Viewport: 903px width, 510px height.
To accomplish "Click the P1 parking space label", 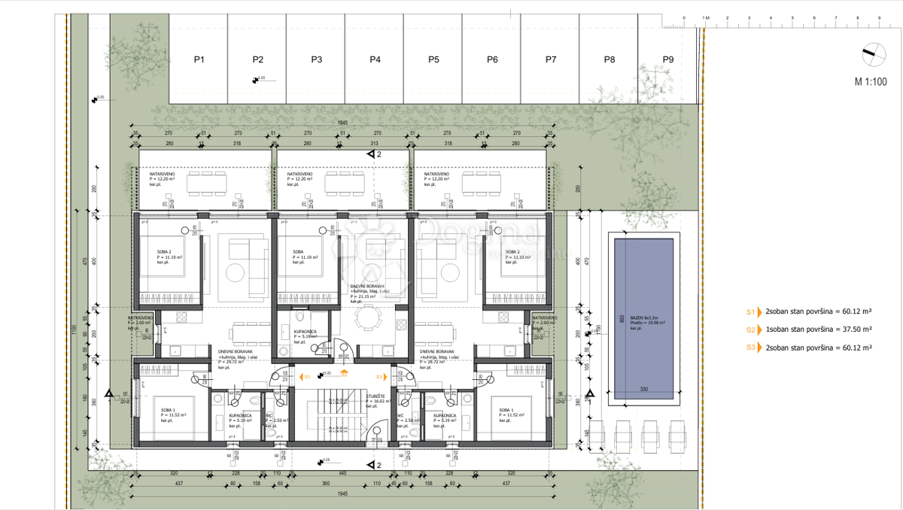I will point(199,59).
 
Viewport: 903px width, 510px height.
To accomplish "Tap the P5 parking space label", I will point(433,59).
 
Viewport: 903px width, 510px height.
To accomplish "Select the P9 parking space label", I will point(667,59).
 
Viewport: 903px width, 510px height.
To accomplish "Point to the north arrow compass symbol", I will point(872,53).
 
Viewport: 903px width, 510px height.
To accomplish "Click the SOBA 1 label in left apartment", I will point(168,411).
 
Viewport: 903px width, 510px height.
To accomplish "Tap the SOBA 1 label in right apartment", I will point(507,411).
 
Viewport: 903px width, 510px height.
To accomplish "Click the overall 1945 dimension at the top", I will point(342,123).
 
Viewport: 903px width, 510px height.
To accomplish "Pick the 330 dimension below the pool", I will point(643,389).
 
